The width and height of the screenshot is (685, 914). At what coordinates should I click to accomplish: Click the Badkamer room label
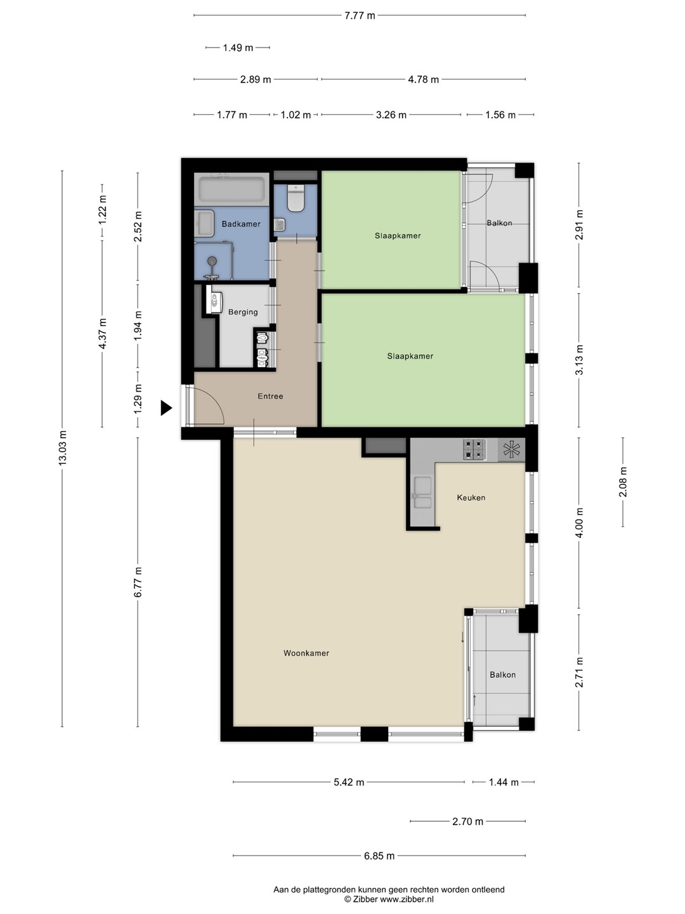point(241,224)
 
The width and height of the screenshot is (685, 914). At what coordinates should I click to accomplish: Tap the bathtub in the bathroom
point(232,189)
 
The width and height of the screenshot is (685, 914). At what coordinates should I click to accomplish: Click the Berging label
point(243,312)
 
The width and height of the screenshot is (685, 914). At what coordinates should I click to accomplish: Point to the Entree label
point(270,396)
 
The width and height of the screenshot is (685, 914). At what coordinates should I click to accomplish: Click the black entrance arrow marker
point(166,407)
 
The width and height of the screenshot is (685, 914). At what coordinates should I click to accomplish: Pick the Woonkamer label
point(306,653)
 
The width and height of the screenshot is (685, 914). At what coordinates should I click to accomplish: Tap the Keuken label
point(471,497)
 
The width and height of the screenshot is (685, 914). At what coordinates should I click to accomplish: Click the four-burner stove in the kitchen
point(474,449)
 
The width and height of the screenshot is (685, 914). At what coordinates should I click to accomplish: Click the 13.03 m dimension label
point(62,448)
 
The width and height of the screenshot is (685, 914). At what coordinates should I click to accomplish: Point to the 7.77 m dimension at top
point(360,16)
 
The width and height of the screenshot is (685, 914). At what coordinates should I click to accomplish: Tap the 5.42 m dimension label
point(349,783)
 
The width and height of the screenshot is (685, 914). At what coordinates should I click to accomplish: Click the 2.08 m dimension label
point(623,482)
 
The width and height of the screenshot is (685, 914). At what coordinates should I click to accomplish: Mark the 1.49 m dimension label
point(238,48)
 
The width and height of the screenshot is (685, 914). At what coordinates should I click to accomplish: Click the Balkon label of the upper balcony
point(499,223)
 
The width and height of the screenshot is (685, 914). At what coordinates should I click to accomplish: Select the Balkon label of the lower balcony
point(502,675)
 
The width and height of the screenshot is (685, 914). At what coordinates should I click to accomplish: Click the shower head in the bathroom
point(212,261)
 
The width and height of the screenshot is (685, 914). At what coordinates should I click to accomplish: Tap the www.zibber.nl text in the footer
point(407,899)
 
